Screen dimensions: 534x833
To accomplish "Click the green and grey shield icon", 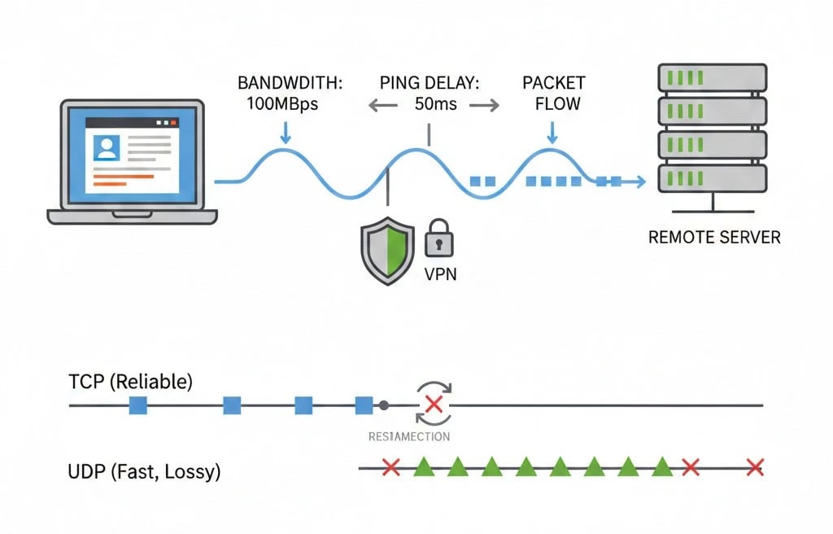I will pyautogui.click(x=386, y=251).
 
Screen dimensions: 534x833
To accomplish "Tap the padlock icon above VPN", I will pyautogui.click(x=438, y=238).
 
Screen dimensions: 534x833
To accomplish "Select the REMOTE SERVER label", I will pyautogui.click(x=714, y=238).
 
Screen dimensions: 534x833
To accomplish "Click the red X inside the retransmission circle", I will pyautogui.click(x=434, y=405).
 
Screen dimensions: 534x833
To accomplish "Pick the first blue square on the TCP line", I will pyautogui.click(x=137, y=405).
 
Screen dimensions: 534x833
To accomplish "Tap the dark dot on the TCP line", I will pyautogui.click(x=383, y=405).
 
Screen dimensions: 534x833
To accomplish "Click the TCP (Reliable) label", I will pyautogui.click(x=131, y=383).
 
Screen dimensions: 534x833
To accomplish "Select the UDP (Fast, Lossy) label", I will pyautogui.click(x=145, y=471).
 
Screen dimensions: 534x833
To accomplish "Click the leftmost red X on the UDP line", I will pyautogui.click(x=390, y=467).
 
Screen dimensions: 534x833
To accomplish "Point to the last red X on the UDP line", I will pyautogui.click(x=754, y=467).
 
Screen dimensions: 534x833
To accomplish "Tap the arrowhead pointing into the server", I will pyautogui.click(x=639, y=182).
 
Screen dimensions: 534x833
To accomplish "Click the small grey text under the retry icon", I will pyautogui.click(x=409, y=436).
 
